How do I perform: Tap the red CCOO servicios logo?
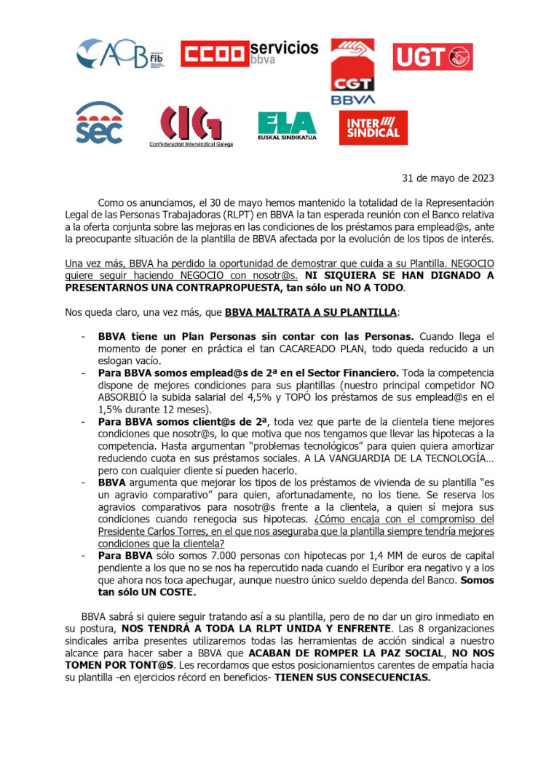tap(248, 53)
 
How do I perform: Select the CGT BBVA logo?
tap(353, 71)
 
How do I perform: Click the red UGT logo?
tap(432, 57)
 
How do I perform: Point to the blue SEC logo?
tap(100, 123)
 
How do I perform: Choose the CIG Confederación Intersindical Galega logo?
tap(190, 127)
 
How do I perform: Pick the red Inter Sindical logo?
tap(373, 127)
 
